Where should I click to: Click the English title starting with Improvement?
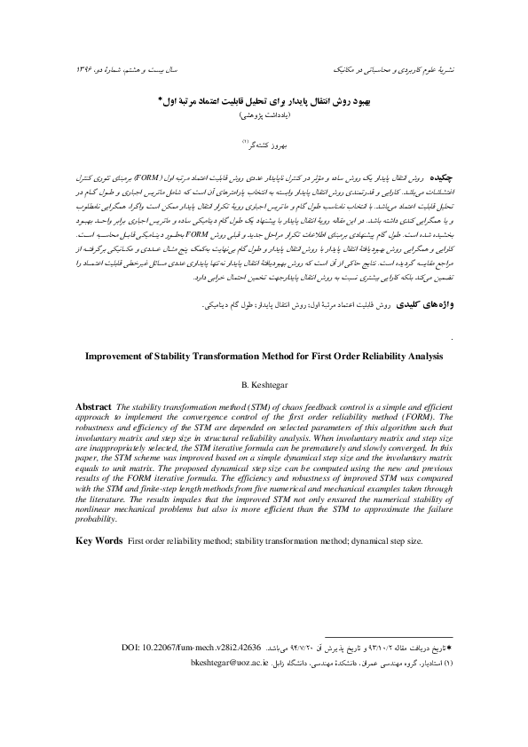[264, 357]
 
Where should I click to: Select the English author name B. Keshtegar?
[264, 385]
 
